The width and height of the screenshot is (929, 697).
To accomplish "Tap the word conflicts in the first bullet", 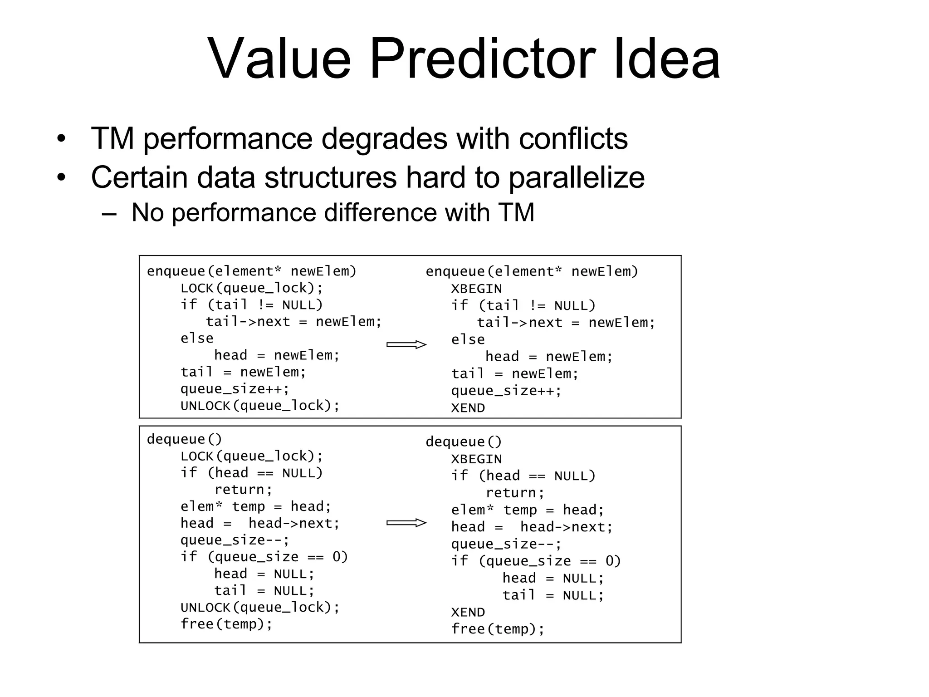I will click(573, 138).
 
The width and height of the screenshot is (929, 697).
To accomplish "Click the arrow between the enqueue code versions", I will click(406, 345).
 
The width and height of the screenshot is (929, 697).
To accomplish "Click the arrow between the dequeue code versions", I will click(406, 523).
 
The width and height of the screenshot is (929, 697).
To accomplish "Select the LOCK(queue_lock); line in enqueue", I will click(252, 288).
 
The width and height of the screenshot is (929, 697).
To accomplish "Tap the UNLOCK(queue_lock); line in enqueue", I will click(260, 406).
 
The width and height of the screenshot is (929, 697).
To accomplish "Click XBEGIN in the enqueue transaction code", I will click(476, 289).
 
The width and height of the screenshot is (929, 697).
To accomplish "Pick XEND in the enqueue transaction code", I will click(468, 408).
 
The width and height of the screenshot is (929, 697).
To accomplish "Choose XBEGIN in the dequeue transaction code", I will click(476, 459).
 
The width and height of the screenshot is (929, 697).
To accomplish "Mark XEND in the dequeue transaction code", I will click(468, 613).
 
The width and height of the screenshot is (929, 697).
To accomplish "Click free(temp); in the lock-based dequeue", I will click(226, 624).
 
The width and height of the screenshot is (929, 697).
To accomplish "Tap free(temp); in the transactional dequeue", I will click(498, 629).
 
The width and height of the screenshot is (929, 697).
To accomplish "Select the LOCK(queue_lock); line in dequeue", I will click(252, 456).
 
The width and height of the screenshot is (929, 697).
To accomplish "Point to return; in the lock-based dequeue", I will click(243, 490).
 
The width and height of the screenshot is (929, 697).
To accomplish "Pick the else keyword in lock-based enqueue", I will click(197, 339).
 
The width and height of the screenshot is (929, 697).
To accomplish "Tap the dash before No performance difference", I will click(109, 213).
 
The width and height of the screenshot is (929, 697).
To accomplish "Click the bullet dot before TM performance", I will click(61, 139).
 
